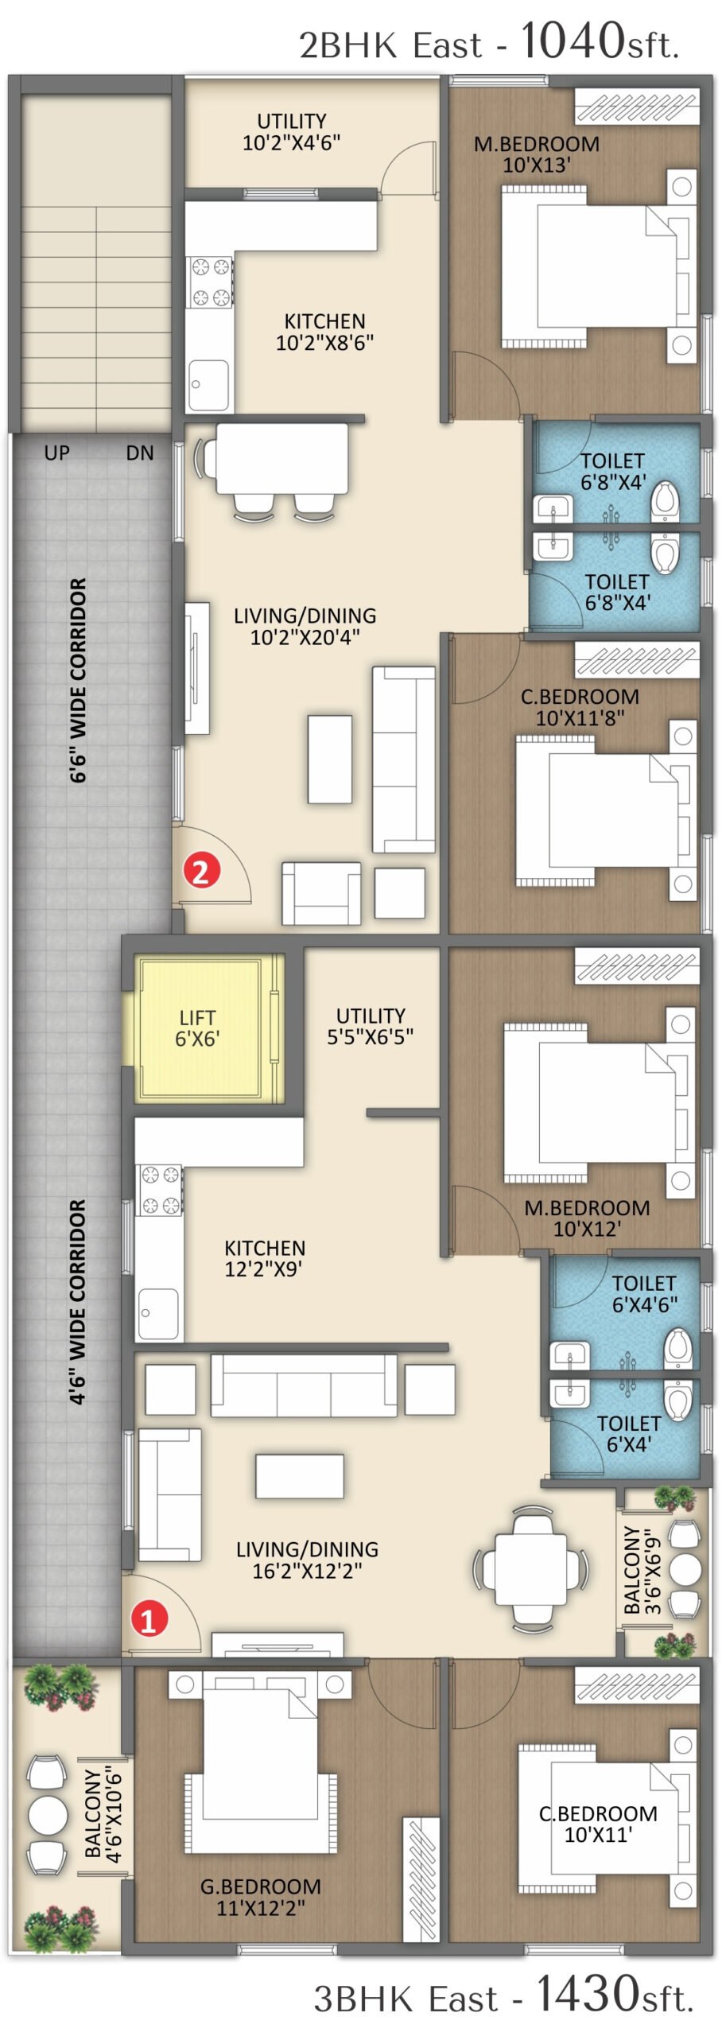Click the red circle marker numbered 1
click(x=149, y=1620)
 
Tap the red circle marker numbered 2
click(x=201, y=872)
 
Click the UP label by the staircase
click(x=56, y=453)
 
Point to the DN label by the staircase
click(x=140, y=453)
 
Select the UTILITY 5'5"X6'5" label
click(x=371, y=1026)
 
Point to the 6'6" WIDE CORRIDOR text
click(x=78, y=680)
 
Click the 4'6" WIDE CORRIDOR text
click(x=78, y=1302)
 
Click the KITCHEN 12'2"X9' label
click(x=264, y=1258)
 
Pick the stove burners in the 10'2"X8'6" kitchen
click(x=211, y=282)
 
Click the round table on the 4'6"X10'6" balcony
click(x=48, y=1816)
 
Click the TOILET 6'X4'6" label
click(x=644, y=1294)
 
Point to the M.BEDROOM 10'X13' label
click(x=537, y=154)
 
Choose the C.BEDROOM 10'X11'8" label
click(x=580, y=707)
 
